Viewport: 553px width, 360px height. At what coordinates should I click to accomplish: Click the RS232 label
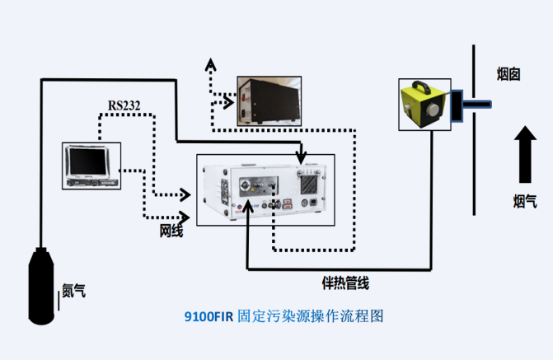(124, 105)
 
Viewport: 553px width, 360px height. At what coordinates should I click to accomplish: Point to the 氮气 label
(73, 290)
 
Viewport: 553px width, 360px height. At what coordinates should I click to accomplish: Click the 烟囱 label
(508, 74)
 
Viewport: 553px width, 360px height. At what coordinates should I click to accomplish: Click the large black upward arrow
(524, 152)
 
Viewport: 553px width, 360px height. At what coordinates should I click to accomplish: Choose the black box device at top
(266, 101)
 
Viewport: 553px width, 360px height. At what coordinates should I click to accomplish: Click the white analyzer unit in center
(265, 191)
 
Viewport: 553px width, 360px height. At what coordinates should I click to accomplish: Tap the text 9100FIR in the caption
(209, 315)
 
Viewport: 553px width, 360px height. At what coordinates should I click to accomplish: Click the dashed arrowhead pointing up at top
(210, 63)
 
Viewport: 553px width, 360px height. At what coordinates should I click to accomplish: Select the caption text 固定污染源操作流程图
(310, 315)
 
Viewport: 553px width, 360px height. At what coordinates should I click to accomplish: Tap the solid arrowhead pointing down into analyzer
(302, 158)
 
